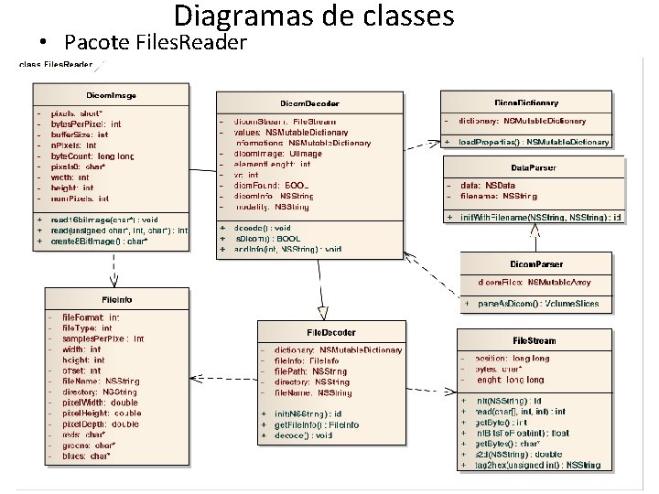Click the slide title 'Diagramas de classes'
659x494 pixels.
pos(313,16)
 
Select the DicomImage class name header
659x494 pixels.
pos(112,93)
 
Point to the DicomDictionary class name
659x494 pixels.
pos(526,102)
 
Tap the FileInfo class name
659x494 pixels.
pos(117,299)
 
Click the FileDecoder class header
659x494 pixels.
pos(330,332)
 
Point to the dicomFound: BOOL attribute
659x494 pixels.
pos(272,186)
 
